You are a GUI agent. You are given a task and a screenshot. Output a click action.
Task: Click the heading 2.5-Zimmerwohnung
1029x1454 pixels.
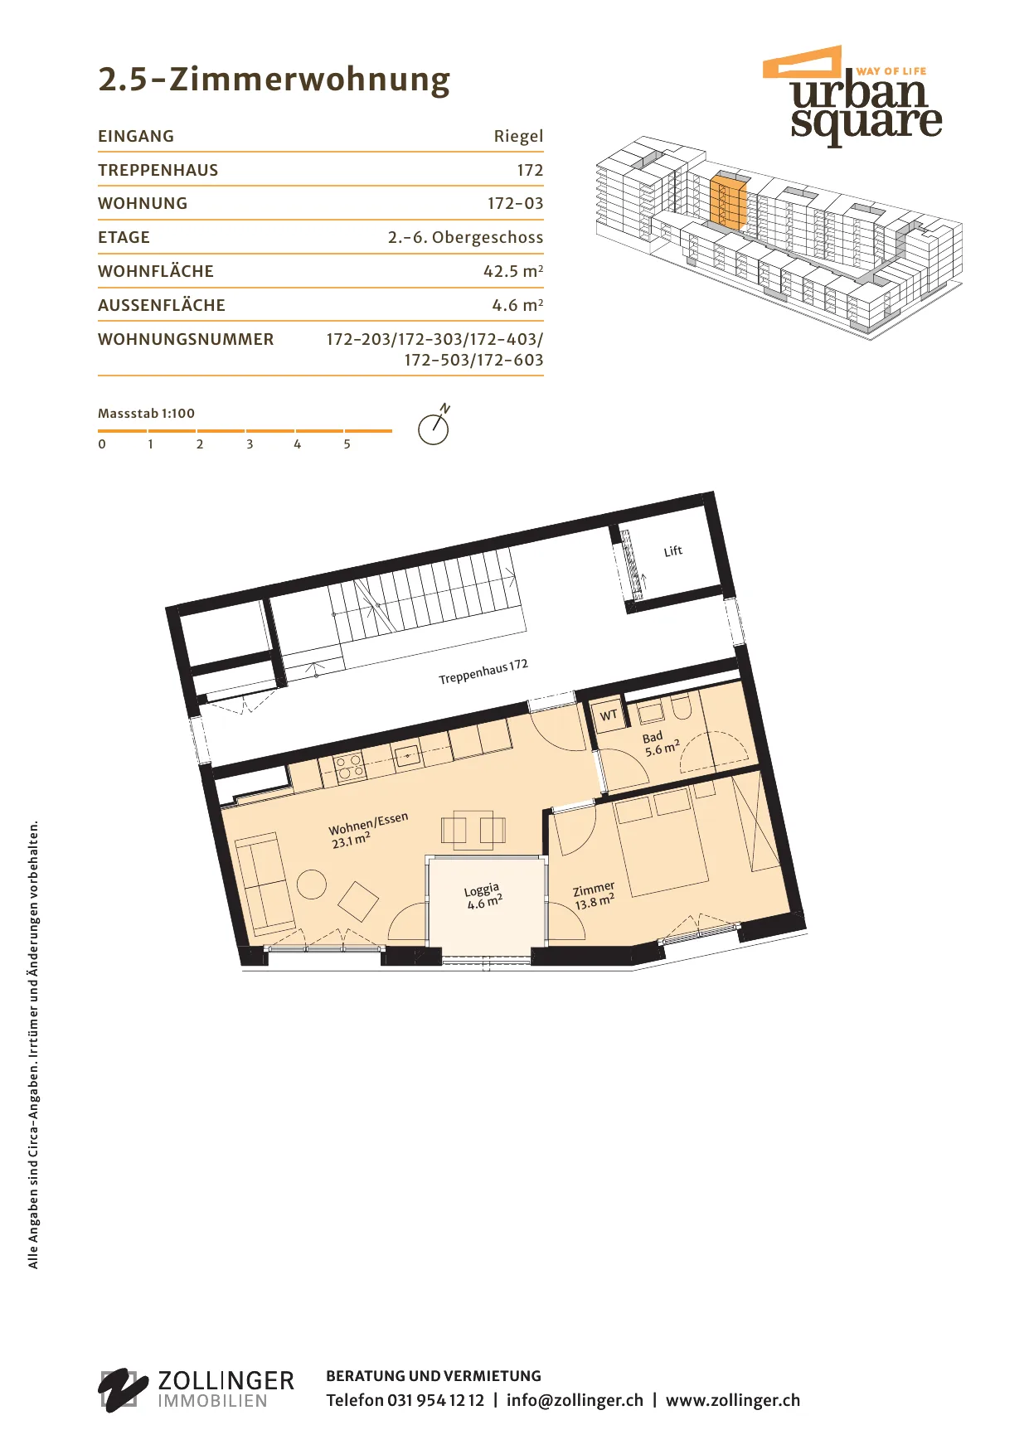pyautogui.click(x=274, y=80)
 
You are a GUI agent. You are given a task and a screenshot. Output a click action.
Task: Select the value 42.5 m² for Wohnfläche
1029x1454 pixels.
pyautogui.click(x=513, y=271)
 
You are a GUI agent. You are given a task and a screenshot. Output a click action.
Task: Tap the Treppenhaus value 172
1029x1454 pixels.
pyautogui.click(x=530, y=170)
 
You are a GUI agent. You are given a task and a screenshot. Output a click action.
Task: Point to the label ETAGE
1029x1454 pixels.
pyautogui.click(x=124, y=237)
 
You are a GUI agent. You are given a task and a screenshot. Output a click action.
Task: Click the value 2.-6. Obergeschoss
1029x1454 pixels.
pyautogui.click(x=465, y=237)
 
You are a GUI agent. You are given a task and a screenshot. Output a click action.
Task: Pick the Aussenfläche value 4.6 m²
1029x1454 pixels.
pyautogui.click(x=517, y=305)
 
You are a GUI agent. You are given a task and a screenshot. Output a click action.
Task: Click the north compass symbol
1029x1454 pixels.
pyautogui.click(x=434, y=425)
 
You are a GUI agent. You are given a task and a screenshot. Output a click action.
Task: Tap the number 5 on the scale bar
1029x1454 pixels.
pyautogui.click(x=347, y=444)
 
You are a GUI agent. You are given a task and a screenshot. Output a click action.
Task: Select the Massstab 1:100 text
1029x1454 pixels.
pyautogui.click(x=146, y=413)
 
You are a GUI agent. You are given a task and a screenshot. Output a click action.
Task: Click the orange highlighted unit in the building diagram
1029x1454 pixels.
pyautogui.click(x=729, y=201)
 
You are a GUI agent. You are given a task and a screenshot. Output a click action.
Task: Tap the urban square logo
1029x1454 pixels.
pyautogui.click(x=852, y=95)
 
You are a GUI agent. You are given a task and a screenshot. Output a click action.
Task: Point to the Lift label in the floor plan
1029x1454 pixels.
pyautogui.click(x=672, y=551)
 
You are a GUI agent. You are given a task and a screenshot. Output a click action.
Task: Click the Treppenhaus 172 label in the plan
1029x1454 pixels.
pyautogui.click(x=483, y=671)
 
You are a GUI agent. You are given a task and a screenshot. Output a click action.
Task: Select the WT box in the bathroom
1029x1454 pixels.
pyautogui.click(x=608, y=715)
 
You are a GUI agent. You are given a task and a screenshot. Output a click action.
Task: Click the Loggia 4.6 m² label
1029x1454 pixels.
pyautogui.click(x=483, y=896)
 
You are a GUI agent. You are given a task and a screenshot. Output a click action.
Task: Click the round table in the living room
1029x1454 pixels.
pyautogui.click(x=312, y=885)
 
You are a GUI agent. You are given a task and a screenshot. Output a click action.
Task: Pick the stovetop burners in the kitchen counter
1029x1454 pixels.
pyautogui.click(x=349, y=765)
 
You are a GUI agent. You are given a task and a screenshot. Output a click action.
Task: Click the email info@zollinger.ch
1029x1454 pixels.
pyautogui.click(x=575, y=1400)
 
